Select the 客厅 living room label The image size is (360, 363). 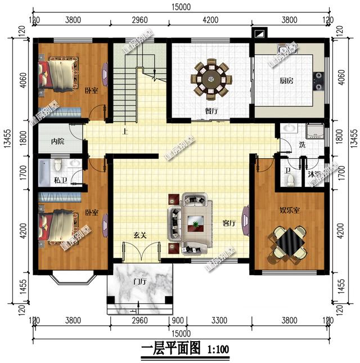(228, 223)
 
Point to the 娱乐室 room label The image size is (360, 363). (290, 210)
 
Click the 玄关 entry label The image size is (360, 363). (140, 235)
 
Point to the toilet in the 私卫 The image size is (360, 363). (58, 168)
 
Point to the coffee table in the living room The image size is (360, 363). (195, 223)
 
